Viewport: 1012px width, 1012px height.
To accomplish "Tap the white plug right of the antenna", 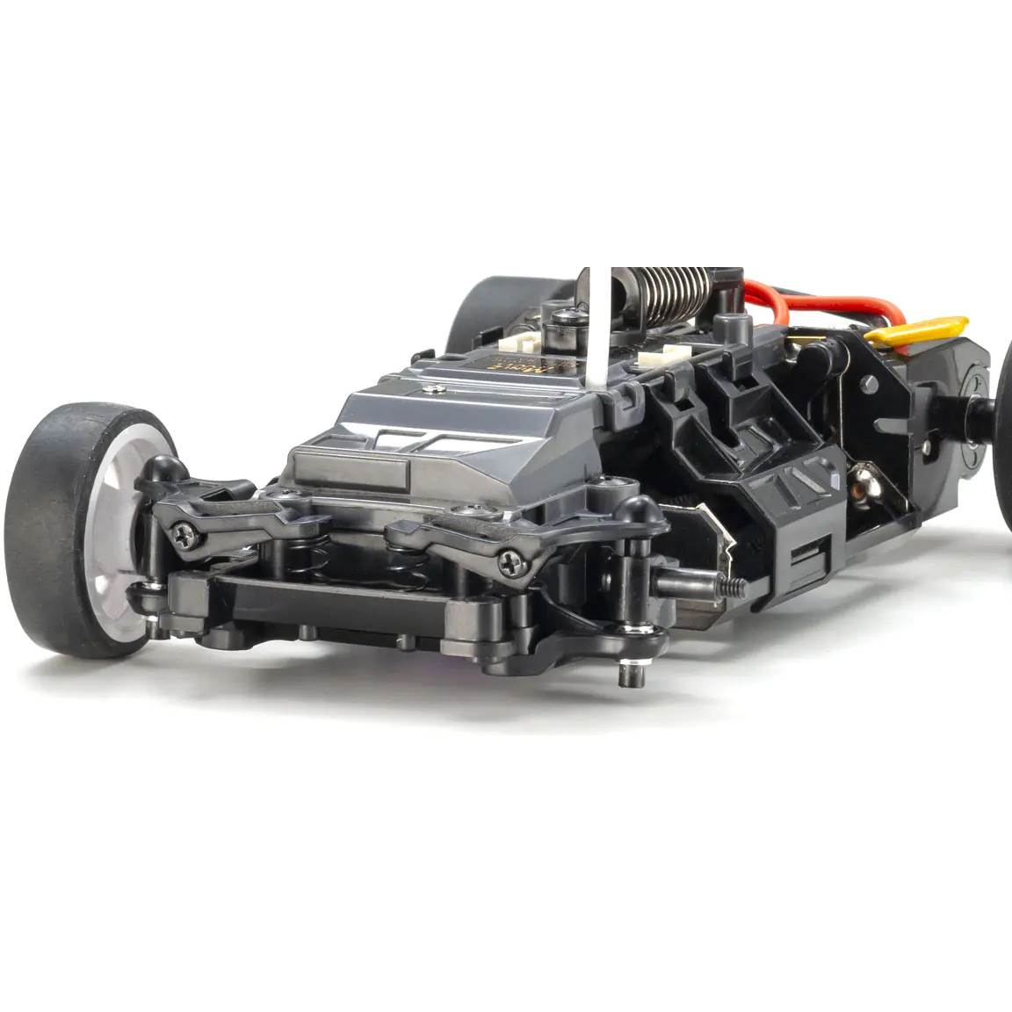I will tap(663, 356).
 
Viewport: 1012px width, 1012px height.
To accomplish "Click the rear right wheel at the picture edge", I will tap(1004, 439).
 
